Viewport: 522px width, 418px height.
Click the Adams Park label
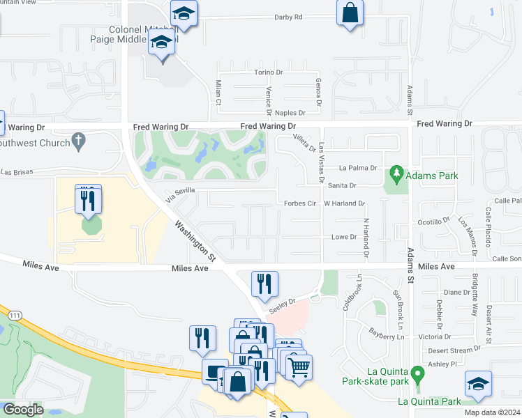[433, 176]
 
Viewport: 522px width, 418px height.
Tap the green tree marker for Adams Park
[397, 172]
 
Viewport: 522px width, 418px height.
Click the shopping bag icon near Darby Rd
[350, 13]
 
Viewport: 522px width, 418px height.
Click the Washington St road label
[196, 241]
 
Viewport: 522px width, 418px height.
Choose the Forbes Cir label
[301, 204]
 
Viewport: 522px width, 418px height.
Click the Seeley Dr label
[282, 303]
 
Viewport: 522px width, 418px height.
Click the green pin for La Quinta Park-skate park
[417, 374]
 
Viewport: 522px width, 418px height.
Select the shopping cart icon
[299, 366]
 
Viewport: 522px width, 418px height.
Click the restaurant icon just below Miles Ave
[264, 283]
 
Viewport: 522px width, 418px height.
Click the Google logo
[23, 410]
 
